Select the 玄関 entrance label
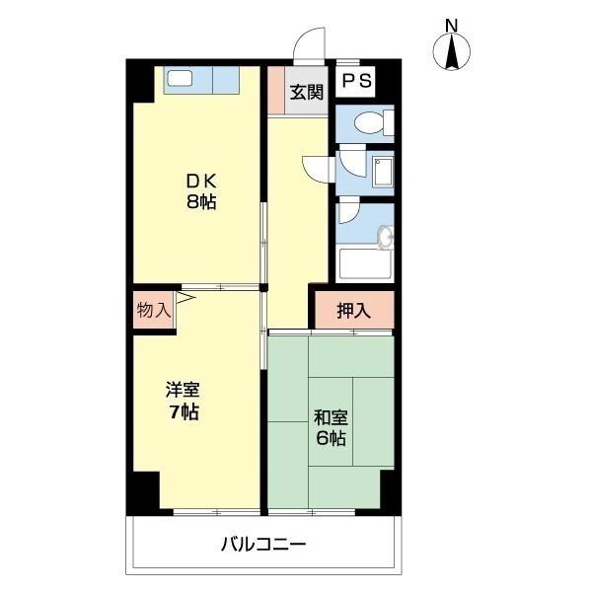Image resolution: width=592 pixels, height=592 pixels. pos(305,93)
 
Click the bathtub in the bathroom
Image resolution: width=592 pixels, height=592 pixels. pos(365,263)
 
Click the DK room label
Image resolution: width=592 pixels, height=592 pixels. pos(201,182)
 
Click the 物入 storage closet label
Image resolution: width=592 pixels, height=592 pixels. pos(153,309)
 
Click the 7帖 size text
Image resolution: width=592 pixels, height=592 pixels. pos(183,411)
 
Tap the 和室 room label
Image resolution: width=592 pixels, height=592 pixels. pos(331,416)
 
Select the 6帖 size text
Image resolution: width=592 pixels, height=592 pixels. pos(331,438)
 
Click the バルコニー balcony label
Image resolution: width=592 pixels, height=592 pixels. pos(263,544)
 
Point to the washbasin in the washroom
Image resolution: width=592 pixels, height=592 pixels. pos(385,169)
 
